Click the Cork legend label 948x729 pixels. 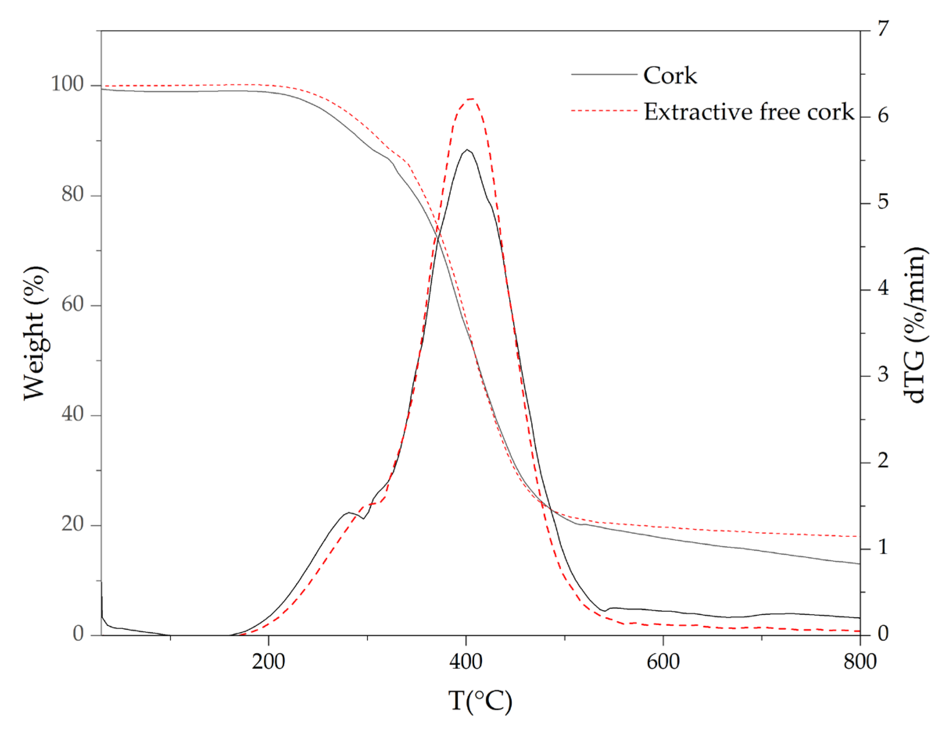[x=669, y=75]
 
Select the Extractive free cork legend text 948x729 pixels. [x=748, y=112]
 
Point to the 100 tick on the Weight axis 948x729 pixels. [x=68, y=84]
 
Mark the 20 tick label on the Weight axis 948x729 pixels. [x=72, y=524]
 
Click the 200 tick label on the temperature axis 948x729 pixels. [x=268, y=662]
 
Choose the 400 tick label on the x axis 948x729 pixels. [x=466, y=662]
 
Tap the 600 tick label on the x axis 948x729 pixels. [x=663, y=662]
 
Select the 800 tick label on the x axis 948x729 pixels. [x=860, y=662]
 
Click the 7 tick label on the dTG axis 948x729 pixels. [x=883, y=29]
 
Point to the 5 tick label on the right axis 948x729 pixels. [x=883, y=202]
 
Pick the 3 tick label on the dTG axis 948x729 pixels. [x=883, y=375]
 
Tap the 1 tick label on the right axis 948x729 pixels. [x=883, y=547]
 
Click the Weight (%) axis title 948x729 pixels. [x=35, y=333]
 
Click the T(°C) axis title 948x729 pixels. [x=480, y=700]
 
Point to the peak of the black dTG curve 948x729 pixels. [x=467, y=150]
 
